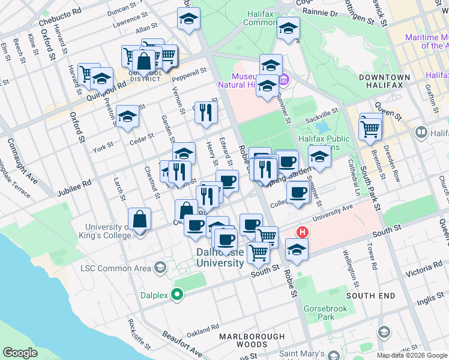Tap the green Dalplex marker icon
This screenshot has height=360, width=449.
(x=176, y=294)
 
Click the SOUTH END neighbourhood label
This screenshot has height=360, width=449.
(x=370, y=296)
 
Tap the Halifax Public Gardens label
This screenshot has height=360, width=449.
(x=323, y=143)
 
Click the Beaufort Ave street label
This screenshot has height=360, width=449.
(x=182, y=350)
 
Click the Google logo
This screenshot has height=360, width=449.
(x=20, y=353)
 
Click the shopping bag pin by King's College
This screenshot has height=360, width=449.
(x=139, y=219)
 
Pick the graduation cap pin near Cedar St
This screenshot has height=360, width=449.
(x=127, y=117)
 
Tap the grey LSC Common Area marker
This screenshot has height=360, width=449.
(x=160, y=267)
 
